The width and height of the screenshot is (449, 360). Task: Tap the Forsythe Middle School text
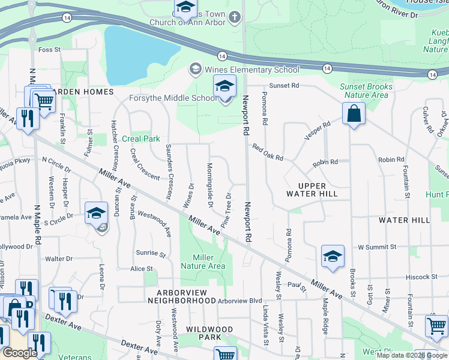pyautogui.click(x=173, y=98)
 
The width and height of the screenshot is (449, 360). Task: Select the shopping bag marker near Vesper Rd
pyautogui.click(x=354, y=113)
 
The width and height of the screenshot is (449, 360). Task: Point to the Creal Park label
pyautogui.click(x=140, y=139)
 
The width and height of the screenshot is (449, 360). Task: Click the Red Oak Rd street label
pyautogui.click(x=267, y=152)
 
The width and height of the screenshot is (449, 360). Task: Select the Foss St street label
pyautogui.click(x=49, y=49)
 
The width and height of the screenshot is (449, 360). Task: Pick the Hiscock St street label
pyautogui.click(x=418, y=277)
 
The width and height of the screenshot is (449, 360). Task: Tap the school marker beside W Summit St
pyautogui.click(x=333, y=257)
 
